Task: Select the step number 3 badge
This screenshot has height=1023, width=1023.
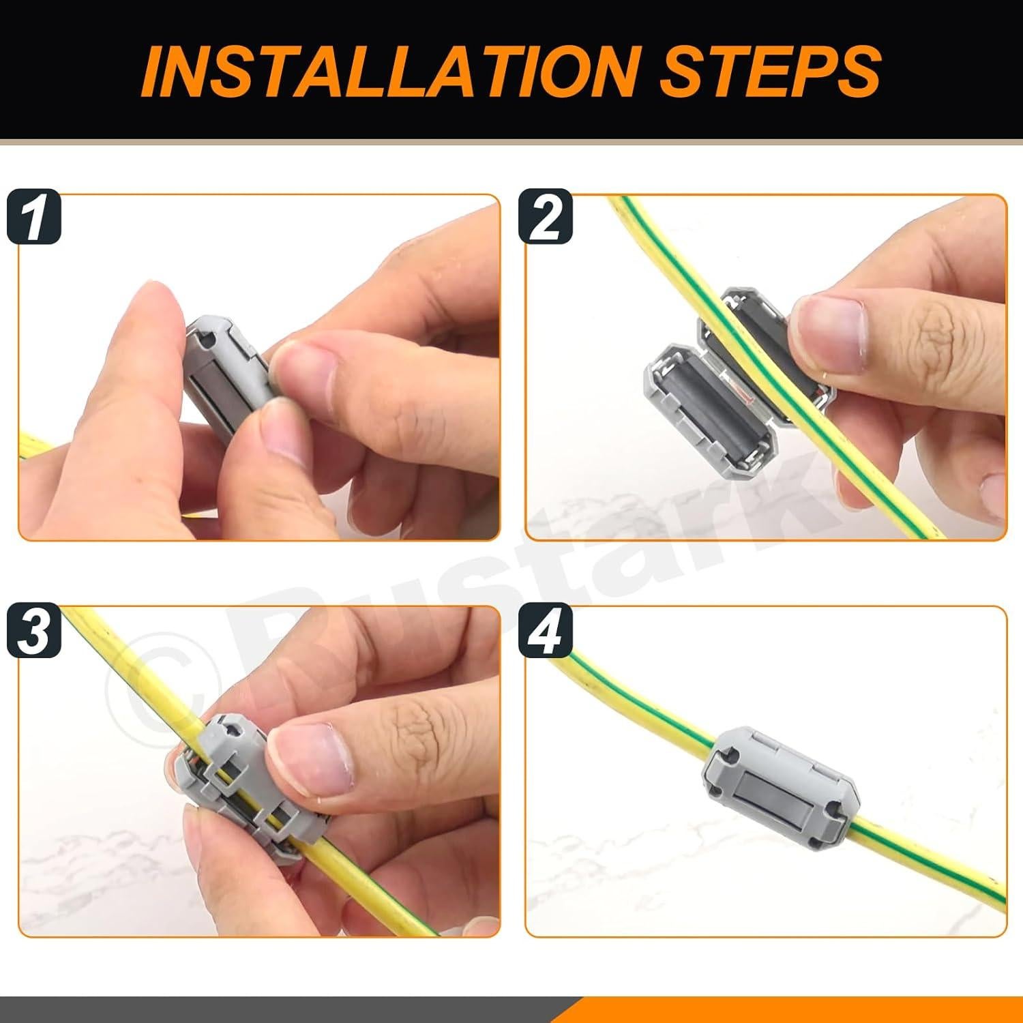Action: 34,631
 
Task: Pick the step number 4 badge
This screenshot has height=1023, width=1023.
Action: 545,631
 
